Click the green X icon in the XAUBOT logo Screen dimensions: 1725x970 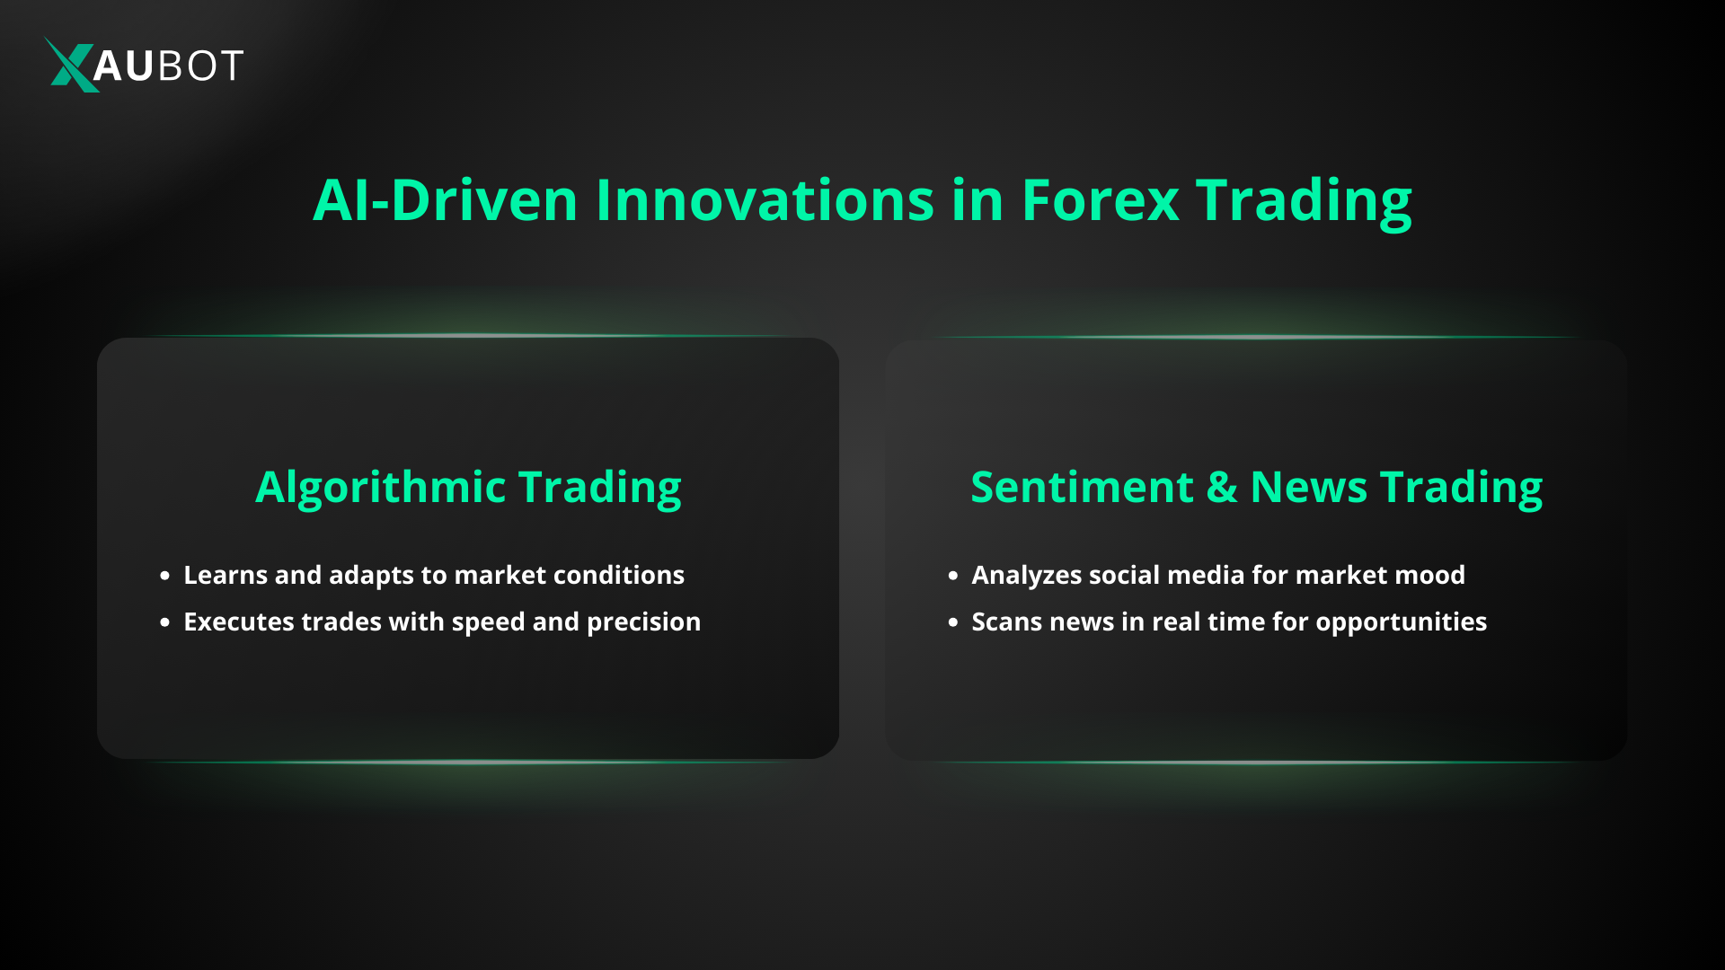click(x=71, y=65)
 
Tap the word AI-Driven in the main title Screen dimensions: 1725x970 click(x=445, y=199)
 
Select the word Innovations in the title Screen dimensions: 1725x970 click(x=765, y=199)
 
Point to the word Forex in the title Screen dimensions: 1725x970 click(x=1100, y=199)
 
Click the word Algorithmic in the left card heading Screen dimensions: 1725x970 click(x=381, y=488)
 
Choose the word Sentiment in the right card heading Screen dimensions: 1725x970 click(x=1082, y=487)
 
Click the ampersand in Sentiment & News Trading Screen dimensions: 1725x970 click(x=1222, y=487)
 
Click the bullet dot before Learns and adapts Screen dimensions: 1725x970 click(x=164, y=576)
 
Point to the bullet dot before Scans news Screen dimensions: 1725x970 click(x=953, y=622)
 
